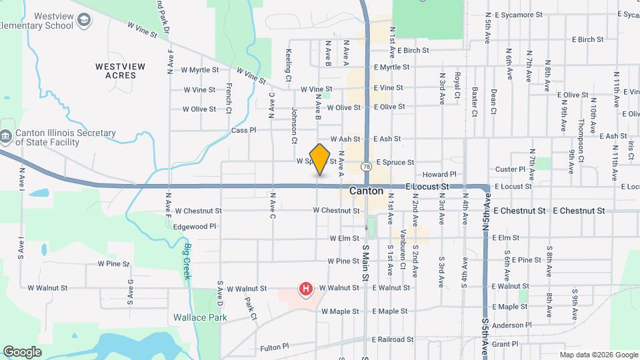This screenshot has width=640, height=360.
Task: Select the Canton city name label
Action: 367,191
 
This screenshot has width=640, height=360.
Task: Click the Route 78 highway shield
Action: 367,165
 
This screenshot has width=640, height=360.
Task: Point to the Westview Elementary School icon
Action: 84,23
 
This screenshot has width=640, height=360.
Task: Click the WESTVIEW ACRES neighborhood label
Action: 115,71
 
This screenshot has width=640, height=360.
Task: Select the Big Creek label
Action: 186,254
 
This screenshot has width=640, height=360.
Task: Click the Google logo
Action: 22,351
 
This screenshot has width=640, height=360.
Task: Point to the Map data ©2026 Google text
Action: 598,354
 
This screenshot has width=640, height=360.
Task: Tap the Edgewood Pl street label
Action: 195,227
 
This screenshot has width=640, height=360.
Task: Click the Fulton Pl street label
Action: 274,347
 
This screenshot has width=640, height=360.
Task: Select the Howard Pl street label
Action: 438,174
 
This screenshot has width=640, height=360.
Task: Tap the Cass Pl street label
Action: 243,131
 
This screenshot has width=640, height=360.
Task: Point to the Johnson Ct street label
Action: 294,125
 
